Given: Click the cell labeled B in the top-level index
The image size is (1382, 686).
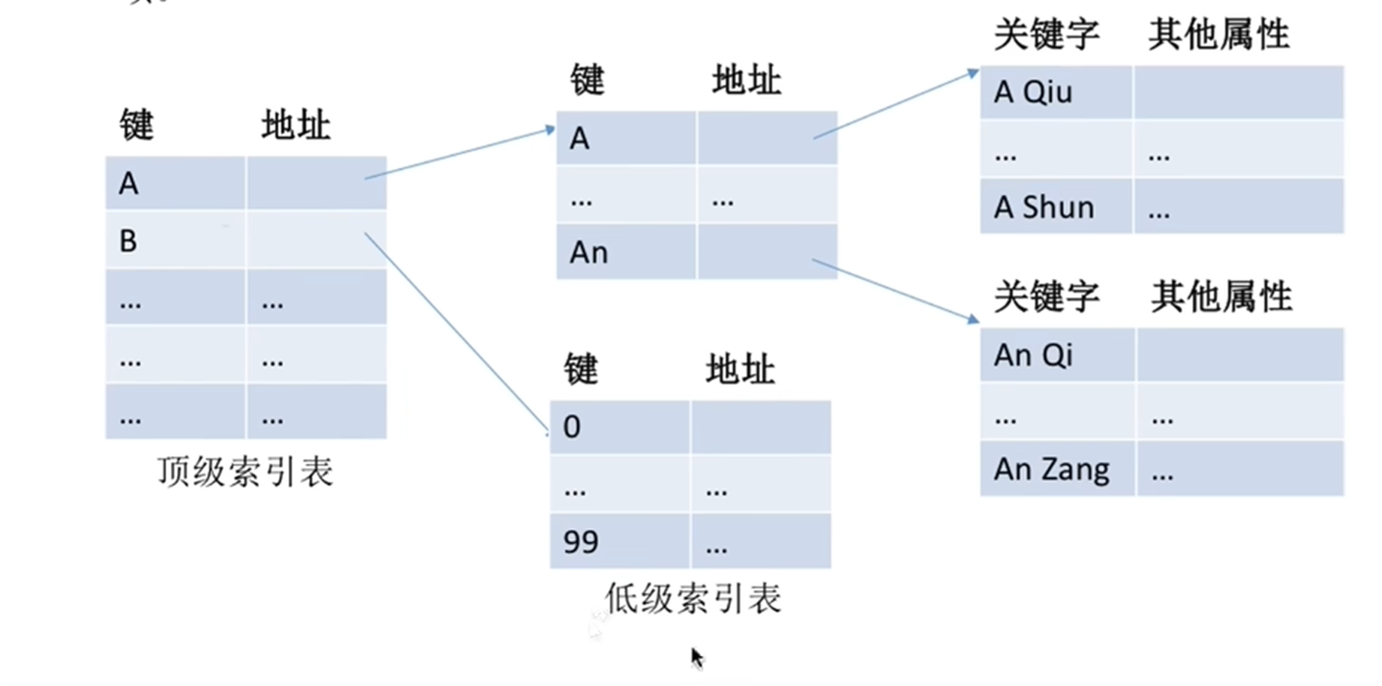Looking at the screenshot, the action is tap(175, 240).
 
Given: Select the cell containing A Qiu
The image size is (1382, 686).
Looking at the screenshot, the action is tap(1056, 92).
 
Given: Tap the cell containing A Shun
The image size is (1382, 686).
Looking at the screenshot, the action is tap(1056, 206).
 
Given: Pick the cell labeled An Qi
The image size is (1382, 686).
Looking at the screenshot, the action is tap(1057, 355).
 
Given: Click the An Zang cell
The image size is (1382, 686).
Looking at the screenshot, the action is tap(1057, 469).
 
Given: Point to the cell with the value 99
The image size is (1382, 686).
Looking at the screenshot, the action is tap(620, 541).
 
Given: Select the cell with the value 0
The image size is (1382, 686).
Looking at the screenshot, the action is tap(620, 427).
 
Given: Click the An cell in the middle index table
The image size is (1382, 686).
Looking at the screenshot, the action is tap(626, 252).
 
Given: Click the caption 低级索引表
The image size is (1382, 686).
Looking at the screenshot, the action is tap(693, 599).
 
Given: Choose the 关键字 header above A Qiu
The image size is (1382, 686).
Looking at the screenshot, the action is tap(1047, 34).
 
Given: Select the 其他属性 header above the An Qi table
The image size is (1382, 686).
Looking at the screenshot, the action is tap(1221, 297).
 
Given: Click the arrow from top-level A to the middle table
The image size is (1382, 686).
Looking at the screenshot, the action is tap(460, 154).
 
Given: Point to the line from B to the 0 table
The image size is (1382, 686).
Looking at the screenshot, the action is tap(457, 333).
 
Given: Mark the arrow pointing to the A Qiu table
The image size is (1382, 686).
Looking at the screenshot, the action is tap(897, 104).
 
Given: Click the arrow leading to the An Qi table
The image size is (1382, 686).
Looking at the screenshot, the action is tap(897, 292).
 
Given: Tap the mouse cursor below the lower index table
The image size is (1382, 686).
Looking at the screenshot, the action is tap(697, 658).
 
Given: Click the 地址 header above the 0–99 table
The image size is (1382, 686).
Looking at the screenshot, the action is tap(741, 370).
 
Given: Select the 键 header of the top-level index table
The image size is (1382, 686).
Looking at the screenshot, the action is tap(137, 125).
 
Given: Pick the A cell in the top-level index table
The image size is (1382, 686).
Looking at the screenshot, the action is tap(175, 183).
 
